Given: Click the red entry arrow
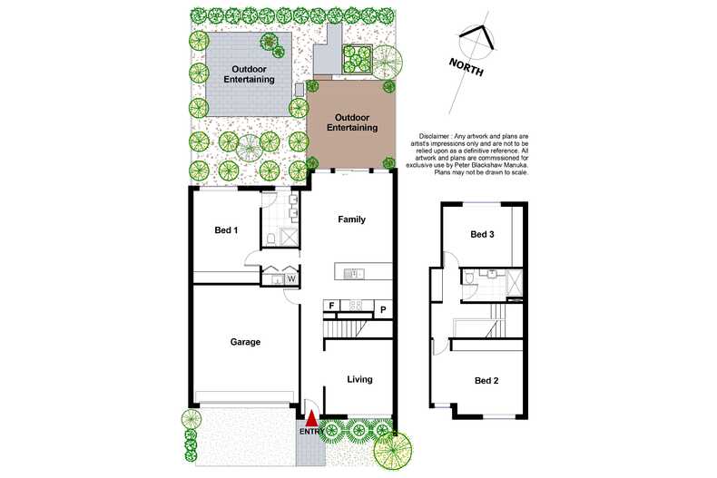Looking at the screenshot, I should click(x=311, y=418).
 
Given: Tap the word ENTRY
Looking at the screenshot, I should click(x=310, y=431).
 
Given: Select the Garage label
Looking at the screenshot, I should click(x=245, y=342).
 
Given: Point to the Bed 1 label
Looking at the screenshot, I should click(x=226, y=230).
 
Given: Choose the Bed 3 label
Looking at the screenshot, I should click(x=483, y=234).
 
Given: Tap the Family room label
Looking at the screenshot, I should click(x=352, y=219).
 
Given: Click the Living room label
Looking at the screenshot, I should click(x=359, y=379).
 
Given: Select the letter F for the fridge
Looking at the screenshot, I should click(x=332, y=307).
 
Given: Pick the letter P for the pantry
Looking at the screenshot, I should click(x=384, y=310).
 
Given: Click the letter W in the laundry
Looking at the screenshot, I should click(x=291, y=278).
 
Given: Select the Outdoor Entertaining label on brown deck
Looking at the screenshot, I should click(x=351, y=122).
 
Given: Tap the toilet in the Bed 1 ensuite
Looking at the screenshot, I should click(x=271, y=239).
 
